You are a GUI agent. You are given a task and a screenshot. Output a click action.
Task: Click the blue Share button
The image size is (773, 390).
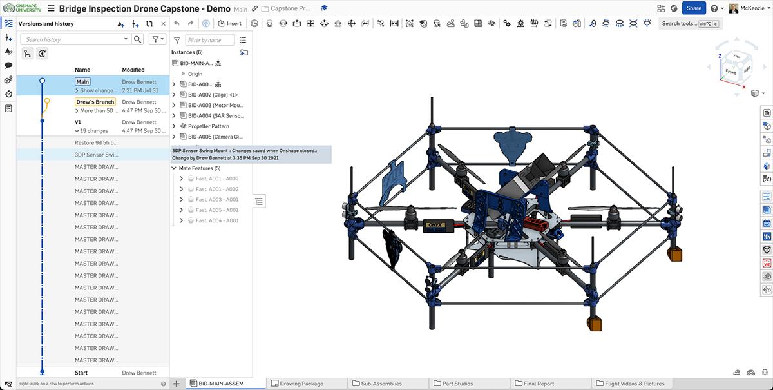[x=694, y=8]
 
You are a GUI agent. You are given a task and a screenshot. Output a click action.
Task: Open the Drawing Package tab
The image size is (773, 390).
[x=302, y=384]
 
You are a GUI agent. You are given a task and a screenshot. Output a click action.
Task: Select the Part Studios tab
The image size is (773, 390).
[x=457, y=384]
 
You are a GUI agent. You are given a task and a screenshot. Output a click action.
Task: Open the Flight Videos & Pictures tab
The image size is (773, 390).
[x=634, y=384]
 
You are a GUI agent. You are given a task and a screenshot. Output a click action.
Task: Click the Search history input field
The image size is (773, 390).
[x=74, y=39]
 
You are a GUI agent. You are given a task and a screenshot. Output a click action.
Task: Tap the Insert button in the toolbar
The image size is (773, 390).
[x=230, y=24]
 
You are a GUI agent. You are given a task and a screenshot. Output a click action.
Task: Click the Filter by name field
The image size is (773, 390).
[x=210, y=40]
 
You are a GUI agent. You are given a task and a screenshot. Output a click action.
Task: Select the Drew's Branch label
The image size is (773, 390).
[x=95, y=102]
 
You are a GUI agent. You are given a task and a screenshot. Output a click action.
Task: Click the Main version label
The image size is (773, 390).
[x=82, y=82]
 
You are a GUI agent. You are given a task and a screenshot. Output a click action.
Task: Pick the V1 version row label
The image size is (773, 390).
[x=78, y=122]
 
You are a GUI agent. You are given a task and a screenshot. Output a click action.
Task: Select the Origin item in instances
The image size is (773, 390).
[x=195, y=74]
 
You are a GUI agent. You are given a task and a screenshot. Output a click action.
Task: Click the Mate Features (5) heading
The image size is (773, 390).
[x=200, y=168]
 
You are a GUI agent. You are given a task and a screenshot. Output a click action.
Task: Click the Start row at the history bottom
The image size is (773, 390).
[x=81, y=373]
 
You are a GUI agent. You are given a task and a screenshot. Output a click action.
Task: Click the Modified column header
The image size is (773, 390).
[x=133, y=70]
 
